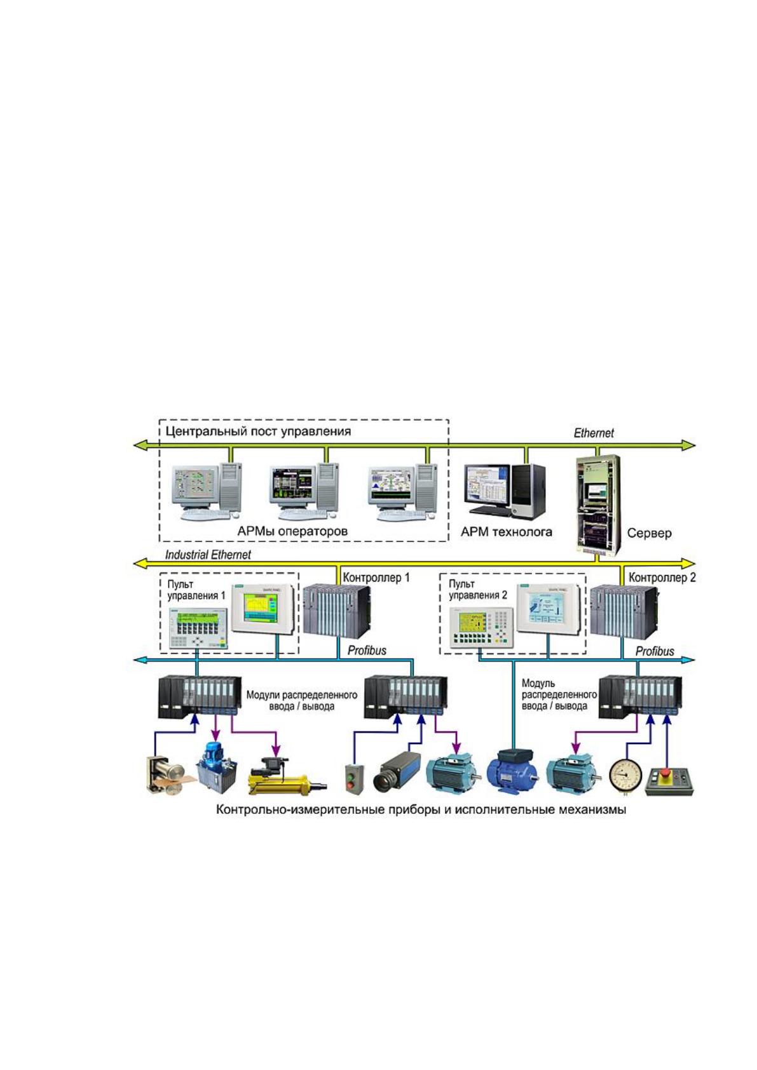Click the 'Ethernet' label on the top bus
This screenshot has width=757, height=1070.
[x=594, y=433]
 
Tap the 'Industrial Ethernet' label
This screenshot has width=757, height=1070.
[x=208, y=555]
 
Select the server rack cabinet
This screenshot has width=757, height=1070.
[x=598, y=505]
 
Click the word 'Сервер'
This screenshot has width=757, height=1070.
[x=649, y=533]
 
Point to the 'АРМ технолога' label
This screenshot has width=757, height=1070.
[x=506, y=532]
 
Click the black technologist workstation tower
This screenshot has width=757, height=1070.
[x=529, y=492]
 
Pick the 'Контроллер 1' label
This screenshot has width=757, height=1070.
[x=376, y=577]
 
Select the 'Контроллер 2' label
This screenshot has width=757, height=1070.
[x=662, y=577]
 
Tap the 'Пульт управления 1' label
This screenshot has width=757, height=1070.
[x=196, y=590]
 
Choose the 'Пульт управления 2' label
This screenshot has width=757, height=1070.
[x=478, y=590]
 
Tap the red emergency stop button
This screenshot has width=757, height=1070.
[x=667, y=773]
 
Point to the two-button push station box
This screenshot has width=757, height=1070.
[x=354, y=778]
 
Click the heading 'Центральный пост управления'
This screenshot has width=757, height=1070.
[x=258, y=431]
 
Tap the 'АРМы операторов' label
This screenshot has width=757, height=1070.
[x=292, y=531]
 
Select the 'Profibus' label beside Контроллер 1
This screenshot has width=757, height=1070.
[x=367, y=650]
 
